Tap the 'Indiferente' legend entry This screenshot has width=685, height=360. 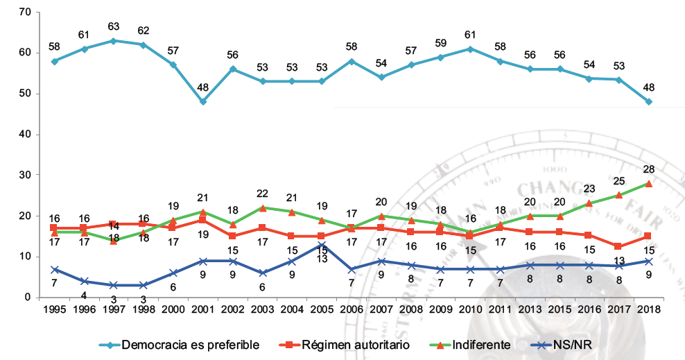coord(474,344)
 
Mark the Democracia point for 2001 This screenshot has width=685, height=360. coord(203,102)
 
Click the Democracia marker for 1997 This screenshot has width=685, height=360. coord(114,40)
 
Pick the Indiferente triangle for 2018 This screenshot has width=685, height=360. coord(648,183)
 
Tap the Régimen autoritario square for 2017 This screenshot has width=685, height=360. coord(618,246)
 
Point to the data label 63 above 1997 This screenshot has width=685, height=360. coord(114,27)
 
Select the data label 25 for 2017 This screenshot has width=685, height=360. coord(618,182)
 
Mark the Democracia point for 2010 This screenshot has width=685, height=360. coord(470,49)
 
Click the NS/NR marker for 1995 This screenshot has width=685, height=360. coord(54,269)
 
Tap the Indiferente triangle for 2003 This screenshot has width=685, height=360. coord(262,208)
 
